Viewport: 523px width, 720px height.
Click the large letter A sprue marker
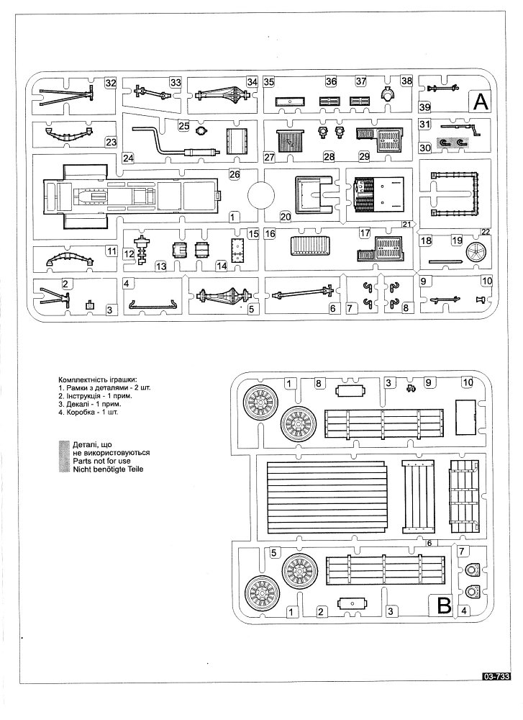point(479,102)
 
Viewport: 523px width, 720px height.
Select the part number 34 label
point(251,82)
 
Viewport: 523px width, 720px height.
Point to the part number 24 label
point(128,158)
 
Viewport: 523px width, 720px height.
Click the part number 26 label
point(234,174)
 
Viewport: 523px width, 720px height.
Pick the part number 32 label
point(110,84)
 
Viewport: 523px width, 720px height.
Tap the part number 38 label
point(406,82)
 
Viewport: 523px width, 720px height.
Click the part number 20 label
point(285,215)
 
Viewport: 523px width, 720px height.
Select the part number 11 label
point(111,251)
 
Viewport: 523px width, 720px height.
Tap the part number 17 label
point(365,233)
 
